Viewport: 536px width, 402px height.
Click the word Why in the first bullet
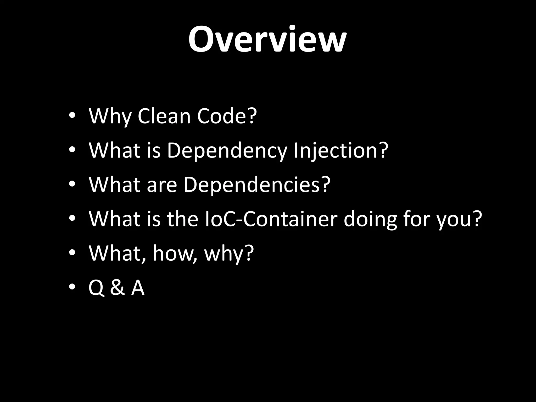point(110,117)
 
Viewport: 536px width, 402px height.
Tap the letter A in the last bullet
point(138,288)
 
